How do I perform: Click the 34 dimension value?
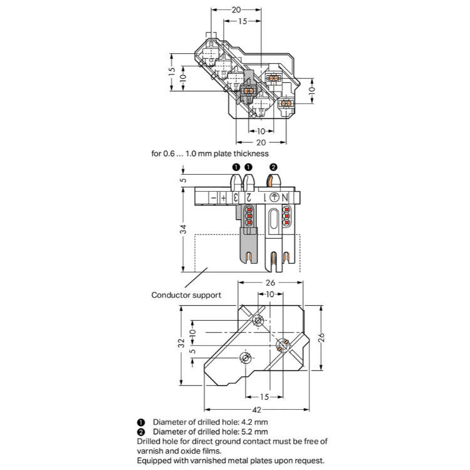[x=183, y=230]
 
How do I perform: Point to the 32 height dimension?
[x=180, y=343]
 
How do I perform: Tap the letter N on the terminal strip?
[x=285, y=197]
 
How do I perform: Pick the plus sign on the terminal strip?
[x=223, y=198]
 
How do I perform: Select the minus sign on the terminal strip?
[x=213, y=198]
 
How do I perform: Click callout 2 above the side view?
[x=273, y=167]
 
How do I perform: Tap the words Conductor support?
[x=186, y=295]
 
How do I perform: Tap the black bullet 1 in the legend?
[x=141, y=422]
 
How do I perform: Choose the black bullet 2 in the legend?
[x=141, y=432]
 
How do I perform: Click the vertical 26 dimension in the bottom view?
[x=321, y=337]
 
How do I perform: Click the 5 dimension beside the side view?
[x=183, y=180]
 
